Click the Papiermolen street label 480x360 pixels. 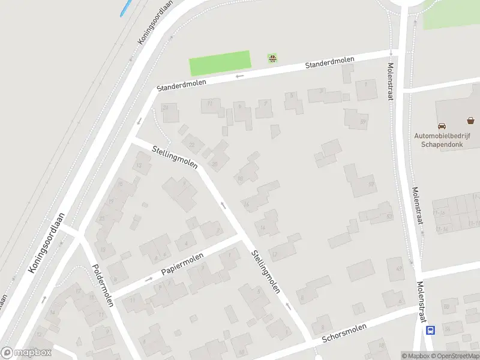point(182,265)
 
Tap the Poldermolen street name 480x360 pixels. point(102,285)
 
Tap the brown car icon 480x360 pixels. point(442,126)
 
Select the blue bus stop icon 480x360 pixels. point(430,330)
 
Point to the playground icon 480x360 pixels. point(273,58)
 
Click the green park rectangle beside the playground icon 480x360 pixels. point(220,63)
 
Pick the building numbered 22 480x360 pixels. point(193,144)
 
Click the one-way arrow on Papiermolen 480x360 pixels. point(149,279)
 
